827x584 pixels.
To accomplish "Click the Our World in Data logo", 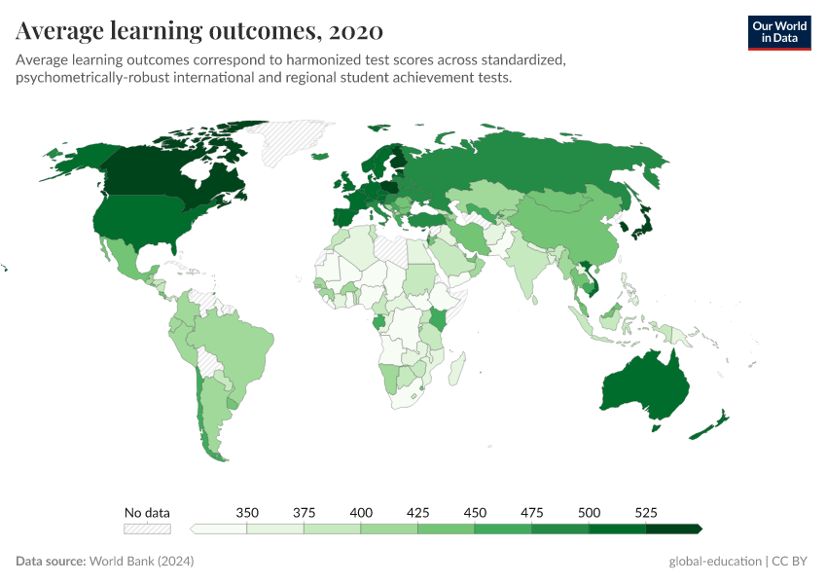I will coord(778,32).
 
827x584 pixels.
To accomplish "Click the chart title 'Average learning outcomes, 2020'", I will coord(199,31).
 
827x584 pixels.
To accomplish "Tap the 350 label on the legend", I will coord(247,513).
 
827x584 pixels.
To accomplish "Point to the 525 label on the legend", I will coord(646,513).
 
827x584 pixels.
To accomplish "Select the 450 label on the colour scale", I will coord(475,513).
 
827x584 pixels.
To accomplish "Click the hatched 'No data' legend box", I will coord(147,529).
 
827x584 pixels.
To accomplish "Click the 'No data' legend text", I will coord(147,513).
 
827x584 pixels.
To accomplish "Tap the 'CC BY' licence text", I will coord(793,562).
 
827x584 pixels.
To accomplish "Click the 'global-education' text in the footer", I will coord(715,562).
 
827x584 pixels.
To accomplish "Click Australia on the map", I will coord(644,387).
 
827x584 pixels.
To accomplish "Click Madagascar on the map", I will coord(456,368).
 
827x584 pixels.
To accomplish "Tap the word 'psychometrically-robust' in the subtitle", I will coord(93,78).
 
